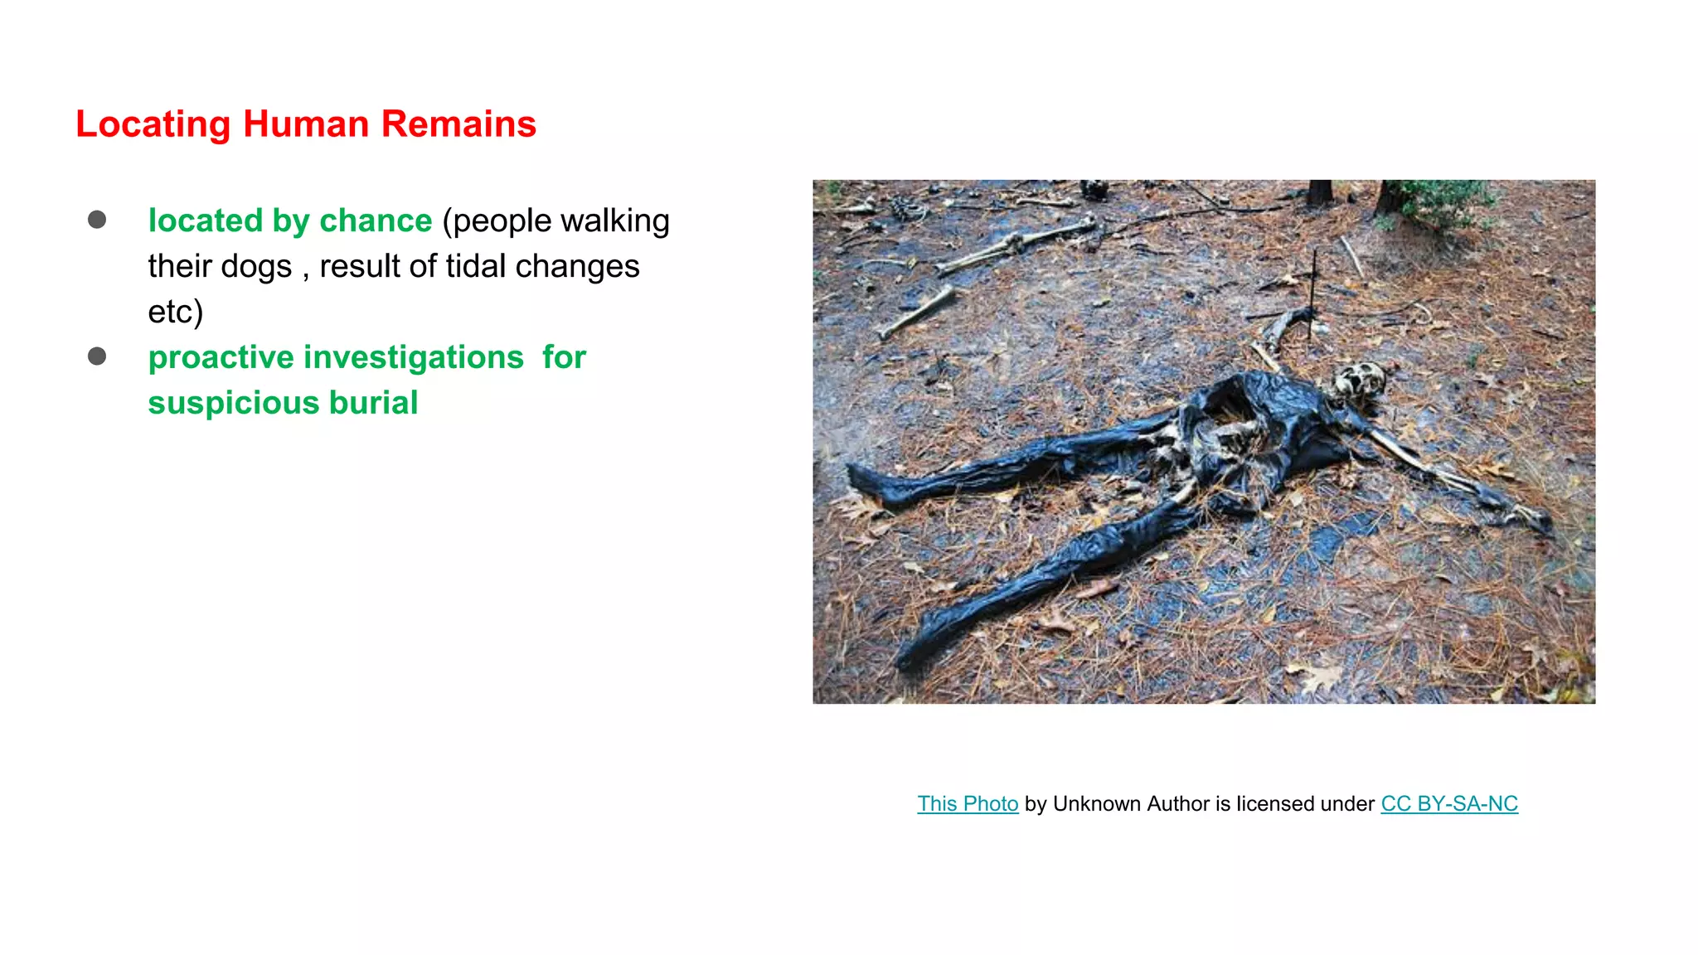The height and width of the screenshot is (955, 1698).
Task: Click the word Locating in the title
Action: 153,125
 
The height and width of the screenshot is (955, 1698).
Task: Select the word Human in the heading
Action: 306,124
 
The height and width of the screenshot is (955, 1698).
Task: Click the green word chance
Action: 376,221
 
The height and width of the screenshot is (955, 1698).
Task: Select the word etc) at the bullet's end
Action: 175,313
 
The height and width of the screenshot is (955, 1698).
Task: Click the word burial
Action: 373,404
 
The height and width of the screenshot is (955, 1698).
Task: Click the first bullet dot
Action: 97,220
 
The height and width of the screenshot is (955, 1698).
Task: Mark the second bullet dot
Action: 97,356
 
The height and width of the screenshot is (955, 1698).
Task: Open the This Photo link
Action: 968,804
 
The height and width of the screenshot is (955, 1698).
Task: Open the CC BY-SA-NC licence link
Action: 1449,804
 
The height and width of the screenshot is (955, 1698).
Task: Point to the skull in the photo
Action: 1359,381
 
